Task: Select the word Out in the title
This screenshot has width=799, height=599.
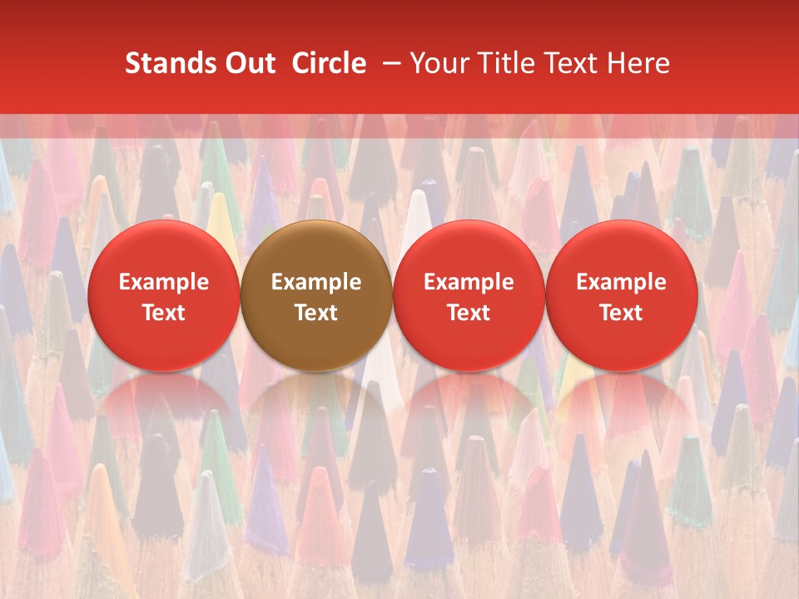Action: point(248,64)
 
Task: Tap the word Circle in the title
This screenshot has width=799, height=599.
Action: point(329,64)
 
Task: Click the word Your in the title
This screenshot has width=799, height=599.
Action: point(438,64)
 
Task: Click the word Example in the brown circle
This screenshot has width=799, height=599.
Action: point(316,282)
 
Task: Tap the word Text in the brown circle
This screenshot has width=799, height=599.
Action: point(316,313)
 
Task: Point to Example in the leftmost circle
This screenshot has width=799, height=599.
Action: point(164,282)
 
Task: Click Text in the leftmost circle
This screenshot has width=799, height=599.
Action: point(164,313)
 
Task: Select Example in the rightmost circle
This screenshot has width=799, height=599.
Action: point(621,282)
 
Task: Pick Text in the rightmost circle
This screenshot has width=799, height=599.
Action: point(621,313)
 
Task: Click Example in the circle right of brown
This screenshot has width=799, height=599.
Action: point(469,282)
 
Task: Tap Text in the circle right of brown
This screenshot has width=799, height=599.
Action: point(469,313)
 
